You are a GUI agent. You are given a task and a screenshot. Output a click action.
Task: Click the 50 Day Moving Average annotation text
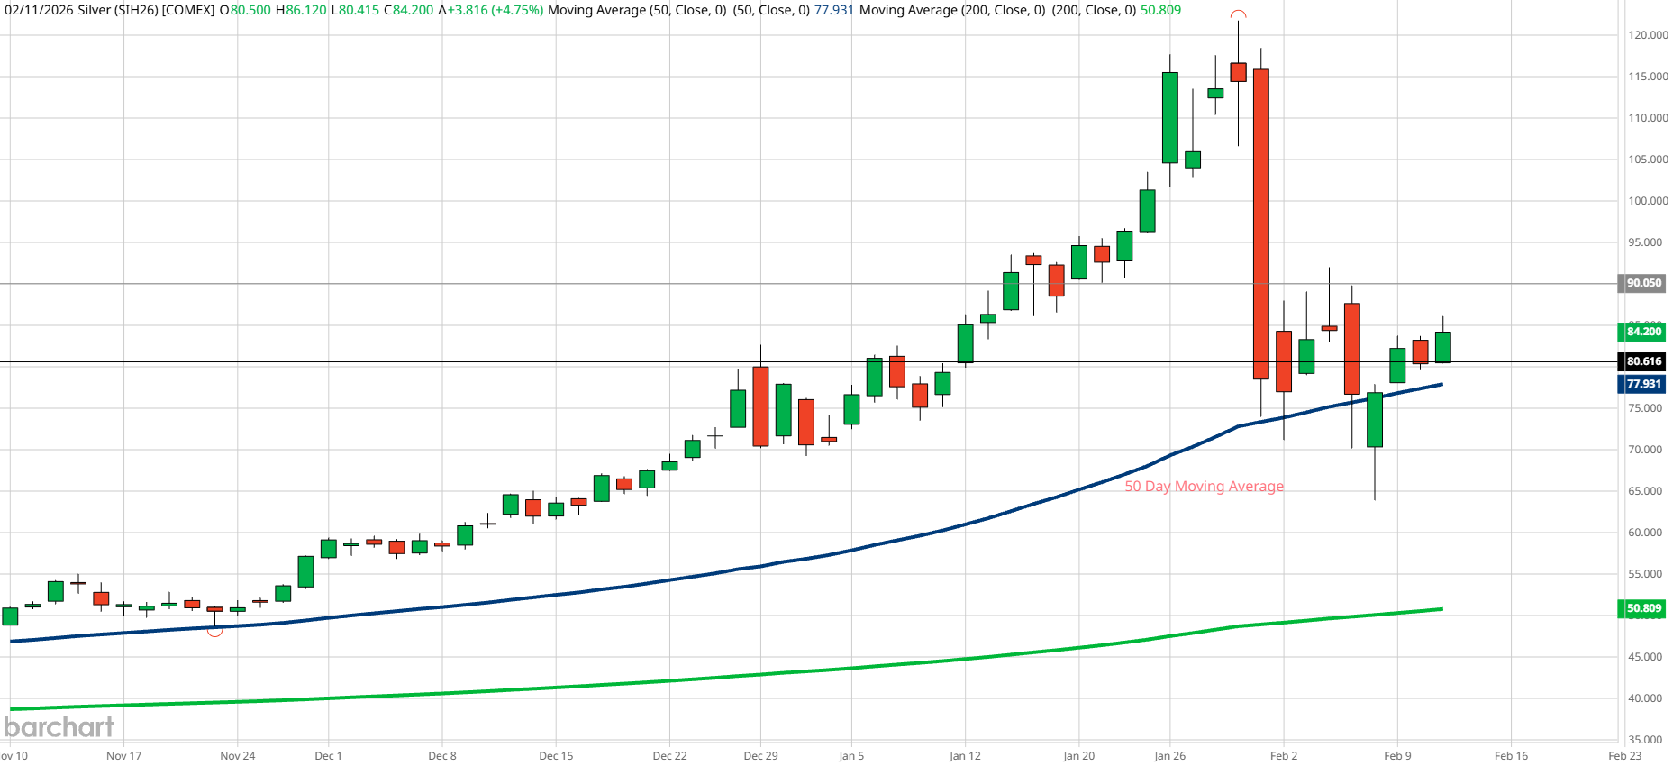(x=1204, y=487)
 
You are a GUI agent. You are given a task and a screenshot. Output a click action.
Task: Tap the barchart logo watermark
(x=59, y=726)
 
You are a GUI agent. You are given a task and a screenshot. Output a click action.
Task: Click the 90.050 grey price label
(x=1643, y=283)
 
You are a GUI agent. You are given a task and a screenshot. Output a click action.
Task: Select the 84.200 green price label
(x=1643, y=332)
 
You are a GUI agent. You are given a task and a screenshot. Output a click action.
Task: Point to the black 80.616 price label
(x=1643, y=361)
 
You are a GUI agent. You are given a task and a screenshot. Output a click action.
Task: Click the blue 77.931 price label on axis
(x=1643, y=384)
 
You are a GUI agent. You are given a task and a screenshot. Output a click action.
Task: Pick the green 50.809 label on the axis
(x=1643, y=608)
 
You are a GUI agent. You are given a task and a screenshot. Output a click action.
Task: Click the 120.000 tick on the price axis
(x=1648, y=35)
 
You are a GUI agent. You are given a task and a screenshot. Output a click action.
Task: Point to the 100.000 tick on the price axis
(x=1648, y=201)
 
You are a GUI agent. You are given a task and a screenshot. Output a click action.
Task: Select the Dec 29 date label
(x=760, y=756)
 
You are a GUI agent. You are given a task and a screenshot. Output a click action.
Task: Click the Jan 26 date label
(x=1169, y=756)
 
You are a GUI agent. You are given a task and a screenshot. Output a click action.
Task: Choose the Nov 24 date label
(x=237, y=756)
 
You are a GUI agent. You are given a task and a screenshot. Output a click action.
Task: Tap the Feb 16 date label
(x=1511, y=756)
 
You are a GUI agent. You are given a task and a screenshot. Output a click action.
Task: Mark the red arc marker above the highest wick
(x=1239, y=14)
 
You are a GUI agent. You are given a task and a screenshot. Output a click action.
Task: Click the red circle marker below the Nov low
(x=214, y=631)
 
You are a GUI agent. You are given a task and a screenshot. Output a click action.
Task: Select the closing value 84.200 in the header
(x=413, y=10)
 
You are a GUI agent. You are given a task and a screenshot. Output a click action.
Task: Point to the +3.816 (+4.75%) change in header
(x=495, y=10)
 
